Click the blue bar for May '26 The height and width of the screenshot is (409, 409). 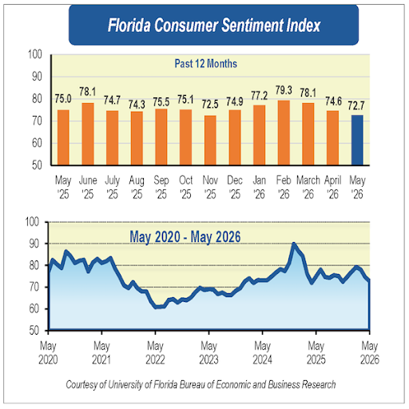tap(357, 140)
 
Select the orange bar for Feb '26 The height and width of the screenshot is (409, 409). tap(284, 133)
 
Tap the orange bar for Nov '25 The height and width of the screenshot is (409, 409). tap(210, 141)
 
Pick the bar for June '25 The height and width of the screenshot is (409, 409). tap(88, 134)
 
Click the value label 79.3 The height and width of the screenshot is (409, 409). tap(284, 90)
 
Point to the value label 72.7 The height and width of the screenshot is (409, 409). tap(356, 106)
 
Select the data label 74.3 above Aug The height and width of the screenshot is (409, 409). tap(137, 105)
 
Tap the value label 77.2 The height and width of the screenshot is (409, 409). tap(259, 96)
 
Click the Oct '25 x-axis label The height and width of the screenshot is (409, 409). tap(185, 187)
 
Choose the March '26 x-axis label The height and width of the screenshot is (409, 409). tap(308, 187)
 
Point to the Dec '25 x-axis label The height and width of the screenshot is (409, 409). tap(235, 187)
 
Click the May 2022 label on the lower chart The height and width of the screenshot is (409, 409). tap(155, 353)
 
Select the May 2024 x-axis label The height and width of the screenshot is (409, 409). tap(263, 353)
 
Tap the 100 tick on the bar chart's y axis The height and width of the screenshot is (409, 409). tap(35, 54)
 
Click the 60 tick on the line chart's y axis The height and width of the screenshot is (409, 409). tap(34, 309)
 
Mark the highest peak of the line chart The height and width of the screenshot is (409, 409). tap(293, 244)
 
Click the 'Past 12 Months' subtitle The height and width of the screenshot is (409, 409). tap(206, 64)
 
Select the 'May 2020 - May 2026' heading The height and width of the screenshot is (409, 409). tap(185, 236)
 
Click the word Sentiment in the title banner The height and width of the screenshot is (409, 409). tap(252, 26)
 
